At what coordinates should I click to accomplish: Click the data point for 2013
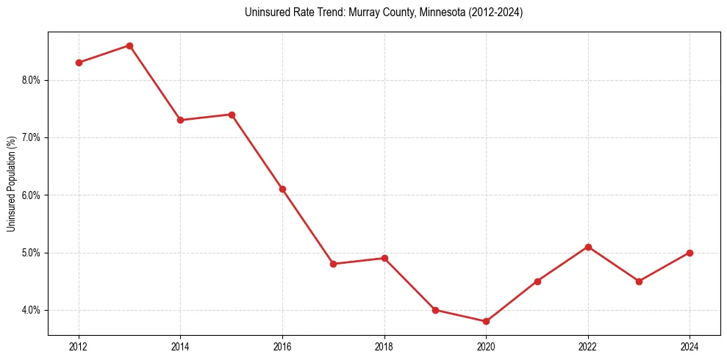point(129,46)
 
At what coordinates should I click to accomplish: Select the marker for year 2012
point(79,62)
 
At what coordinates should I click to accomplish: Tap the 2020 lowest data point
point(486,321)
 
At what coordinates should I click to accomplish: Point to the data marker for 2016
point(282,189)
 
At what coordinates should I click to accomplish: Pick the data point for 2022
point(588,247)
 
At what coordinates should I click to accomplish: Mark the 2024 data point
point(690,253)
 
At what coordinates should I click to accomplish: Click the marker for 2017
point(333,264)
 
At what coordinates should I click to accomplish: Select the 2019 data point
point(435,310)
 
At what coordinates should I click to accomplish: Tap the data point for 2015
point(232,115)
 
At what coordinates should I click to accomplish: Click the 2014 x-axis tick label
point(180,345)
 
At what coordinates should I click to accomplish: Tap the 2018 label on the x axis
point(384,345)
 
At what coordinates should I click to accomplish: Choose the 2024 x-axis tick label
point(690,345)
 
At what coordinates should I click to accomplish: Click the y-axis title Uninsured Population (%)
point(12,184)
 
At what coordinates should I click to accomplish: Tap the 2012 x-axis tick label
point(79,345)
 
